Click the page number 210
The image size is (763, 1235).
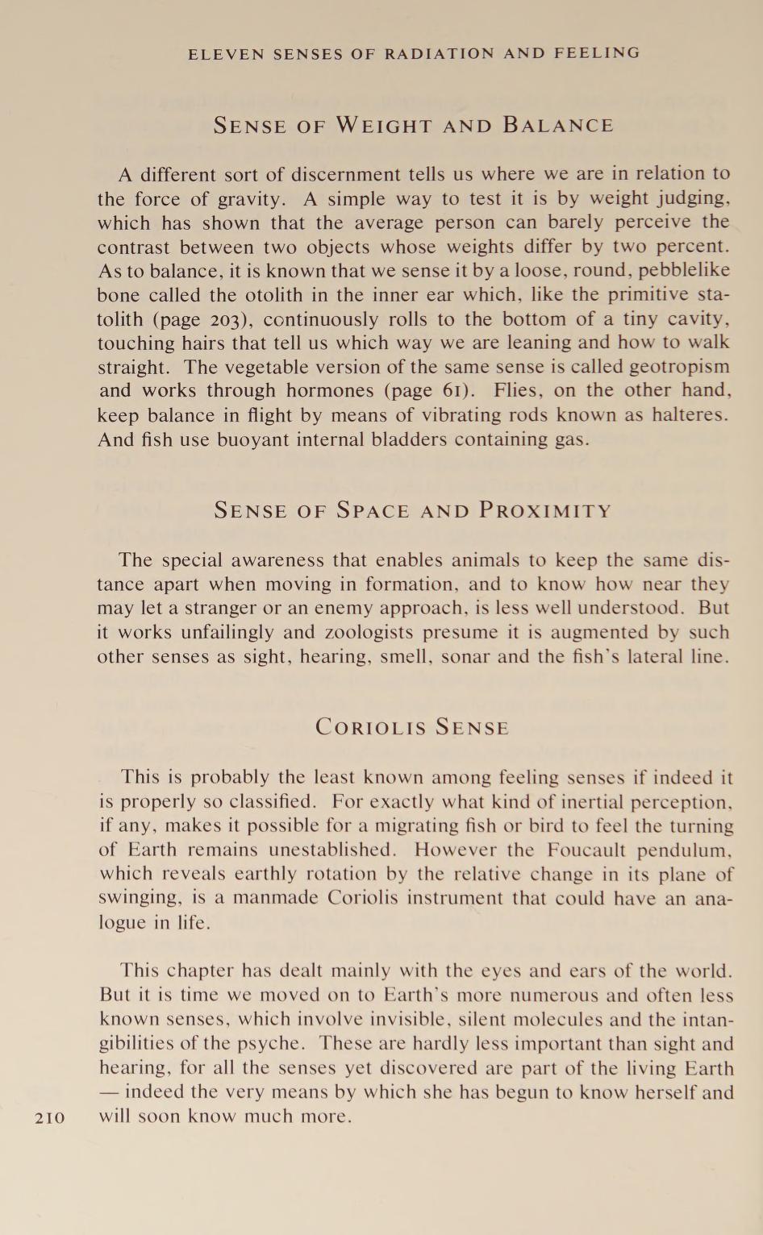[x=50, y=1117]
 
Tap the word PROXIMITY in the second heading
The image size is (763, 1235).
[x=545, y=511]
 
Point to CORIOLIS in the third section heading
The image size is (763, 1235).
[x=370, y=728]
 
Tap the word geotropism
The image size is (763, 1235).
[x=679, y=368]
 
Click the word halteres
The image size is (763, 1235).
[x=691, y=416]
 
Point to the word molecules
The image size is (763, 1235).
[x=531, y=1021]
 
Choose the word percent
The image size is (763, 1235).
[x=690, y=247]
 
